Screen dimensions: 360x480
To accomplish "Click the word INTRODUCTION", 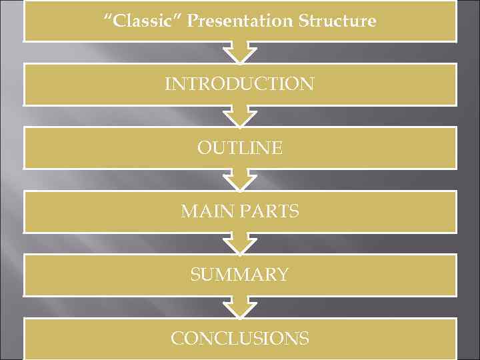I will [240, 84].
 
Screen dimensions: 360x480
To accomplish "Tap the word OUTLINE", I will [240, 147].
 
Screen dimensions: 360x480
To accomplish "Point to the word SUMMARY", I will [240, 274].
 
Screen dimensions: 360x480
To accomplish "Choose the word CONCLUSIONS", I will [240, 338].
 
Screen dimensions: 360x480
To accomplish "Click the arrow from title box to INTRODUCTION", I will [240, 52].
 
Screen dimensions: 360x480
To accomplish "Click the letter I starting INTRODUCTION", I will [167, 84].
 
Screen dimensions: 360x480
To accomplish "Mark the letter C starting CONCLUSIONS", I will [177, 338].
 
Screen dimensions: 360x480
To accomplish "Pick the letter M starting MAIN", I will [189, 211].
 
